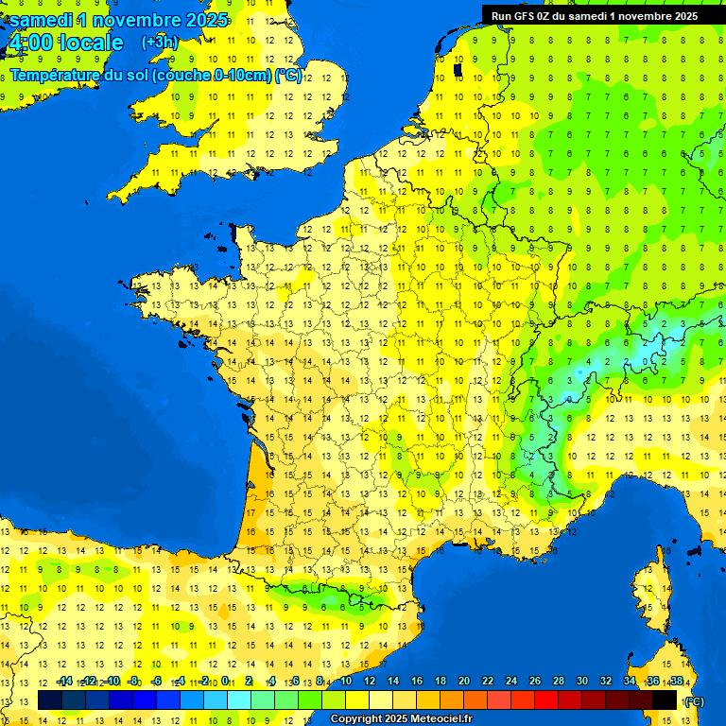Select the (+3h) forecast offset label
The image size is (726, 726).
(159, 42)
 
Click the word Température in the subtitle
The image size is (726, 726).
(60, 76)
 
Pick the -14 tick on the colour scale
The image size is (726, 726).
(64, 682)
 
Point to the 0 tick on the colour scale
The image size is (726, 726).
(225, 682)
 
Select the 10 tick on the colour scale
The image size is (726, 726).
(346, 682)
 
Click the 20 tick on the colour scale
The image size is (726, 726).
(464, 682)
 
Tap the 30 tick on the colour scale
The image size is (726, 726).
(582, 682)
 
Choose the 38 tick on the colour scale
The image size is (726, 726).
(677, 682)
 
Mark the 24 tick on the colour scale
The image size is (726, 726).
(511, 682)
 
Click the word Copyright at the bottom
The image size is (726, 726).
(355, 718)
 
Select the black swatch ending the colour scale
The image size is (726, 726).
(665, 700)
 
